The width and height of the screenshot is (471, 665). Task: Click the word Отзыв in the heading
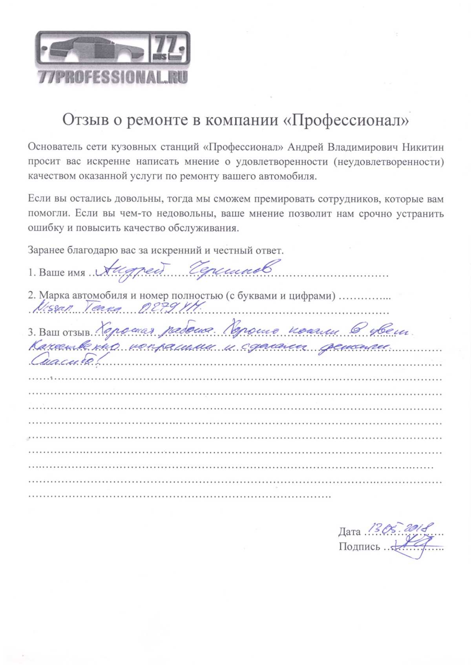point(85,120)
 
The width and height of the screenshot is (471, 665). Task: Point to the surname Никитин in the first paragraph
point(423,147)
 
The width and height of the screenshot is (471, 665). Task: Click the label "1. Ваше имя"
point(57,272)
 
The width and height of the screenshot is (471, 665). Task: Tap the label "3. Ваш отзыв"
point(59,332)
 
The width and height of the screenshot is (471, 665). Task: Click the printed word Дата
point(349,532)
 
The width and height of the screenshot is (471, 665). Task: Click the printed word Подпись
point(359,547)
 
